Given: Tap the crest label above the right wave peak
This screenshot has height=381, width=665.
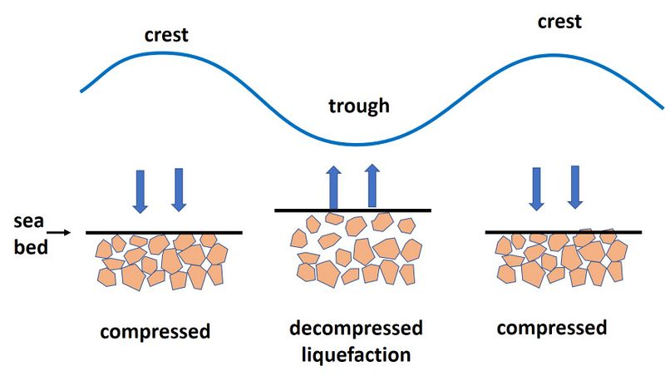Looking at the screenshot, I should [559, 21].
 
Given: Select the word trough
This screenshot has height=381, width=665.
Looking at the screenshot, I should [358, 106].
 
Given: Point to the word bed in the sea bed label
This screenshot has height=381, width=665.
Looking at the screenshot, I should [31, 248].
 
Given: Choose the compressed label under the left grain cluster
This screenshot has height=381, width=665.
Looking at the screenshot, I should [155, 331].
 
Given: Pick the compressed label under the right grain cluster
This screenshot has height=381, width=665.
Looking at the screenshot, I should [552, 327].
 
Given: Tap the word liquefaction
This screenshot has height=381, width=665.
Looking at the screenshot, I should [356, 354].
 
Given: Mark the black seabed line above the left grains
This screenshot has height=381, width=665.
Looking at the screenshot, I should [164, 233].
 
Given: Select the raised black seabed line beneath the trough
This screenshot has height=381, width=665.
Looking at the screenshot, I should [352, 210].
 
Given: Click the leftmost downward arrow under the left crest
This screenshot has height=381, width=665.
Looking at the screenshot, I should [140, 190].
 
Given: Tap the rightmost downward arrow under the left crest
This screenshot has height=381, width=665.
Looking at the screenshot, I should [179, 190].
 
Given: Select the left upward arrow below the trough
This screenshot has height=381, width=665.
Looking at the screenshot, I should [333, 187].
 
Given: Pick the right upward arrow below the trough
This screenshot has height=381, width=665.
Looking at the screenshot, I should [372, 185].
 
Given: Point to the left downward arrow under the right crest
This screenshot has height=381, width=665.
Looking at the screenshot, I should [536, 187].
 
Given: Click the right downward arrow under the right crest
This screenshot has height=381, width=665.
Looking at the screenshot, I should [574, 187].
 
